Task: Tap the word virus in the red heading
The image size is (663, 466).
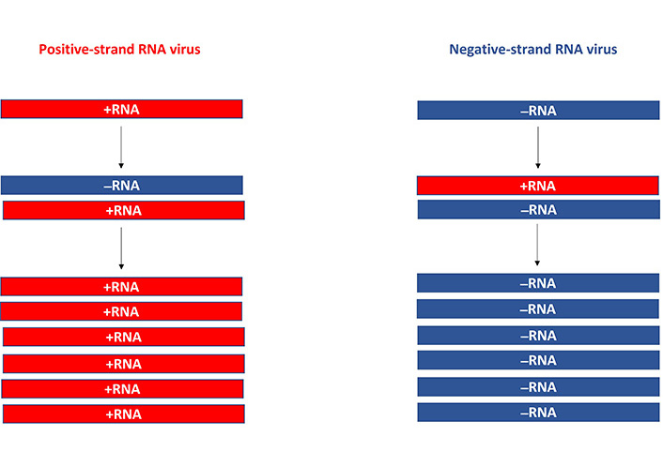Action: click(x=183, y=49)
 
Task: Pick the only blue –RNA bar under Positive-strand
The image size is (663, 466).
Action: click(x=122, y=185)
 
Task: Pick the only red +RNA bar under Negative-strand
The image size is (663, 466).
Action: click(x=538, y=186)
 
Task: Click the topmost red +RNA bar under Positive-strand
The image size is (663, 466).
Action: click(x=122, y=109)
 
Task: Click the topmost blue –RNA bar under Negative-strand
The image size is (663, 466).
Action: click(x=538, y=111)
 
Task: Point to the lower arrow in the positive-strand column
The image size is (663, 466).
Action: click(x=121, y=247)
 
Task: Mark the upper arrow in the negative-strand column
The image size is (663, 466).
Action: click(x=537, y=147)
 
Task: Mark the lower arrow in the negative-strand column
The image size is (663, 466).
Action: click(x=537, y=245)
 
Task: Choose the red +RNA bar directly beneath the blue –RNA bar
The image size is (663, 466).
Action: click(x=123, y=210)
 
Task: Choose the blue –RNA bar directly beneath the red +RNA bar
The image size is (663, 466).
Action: click(x=538, y=209)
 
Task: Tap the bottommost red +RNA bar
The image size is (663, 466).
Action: click(x=123, y=413)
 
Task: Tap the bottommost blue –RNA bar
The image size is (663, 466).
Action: click(x=538, y=412)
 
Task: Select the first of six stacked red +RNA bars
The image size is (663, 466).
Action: click(x=122, y=287)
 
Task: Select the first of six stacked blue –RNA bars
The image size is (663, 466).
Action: click(x=538, y=283)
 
